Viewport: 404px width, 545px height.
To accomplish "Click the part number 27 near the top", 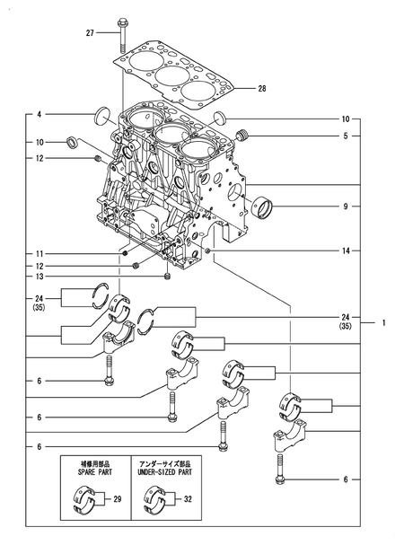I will tap(90, 33).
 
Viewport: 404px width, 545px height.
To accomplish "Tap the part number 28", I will tap(262, 88).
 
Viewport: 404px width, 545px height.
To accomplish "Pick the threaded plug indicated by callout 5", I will tap(240, 135).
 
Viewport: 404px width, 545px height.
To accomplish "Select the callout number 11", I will tap(40, 253).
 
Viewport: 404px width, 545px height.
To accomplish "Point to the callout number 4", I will tap(40, 115).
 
